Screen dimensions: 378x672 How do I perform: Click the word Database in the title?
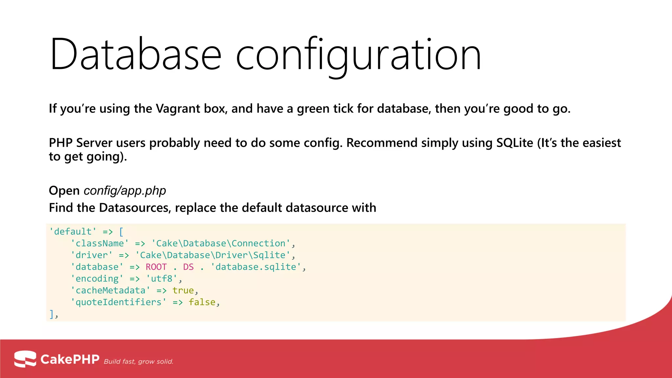135,54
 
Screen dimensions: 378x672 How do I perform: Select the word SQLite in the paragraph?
514,143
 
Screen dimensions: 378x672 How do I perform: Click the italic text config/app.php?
125,191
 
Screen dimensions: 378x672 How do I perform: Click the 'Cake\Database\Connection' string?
221,243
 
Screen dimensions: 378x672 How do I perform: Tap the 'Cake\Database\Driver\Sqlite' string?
213,255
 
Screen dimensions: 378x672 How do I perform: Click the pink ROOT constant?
156,267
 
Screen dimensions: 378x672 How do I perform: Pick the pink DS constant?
188,267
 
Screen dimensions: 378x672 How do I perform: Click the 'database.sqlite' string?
256,267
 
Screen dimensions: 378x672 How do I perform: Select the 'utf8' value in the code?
161,279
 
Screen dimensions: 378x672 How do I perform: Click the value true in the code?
183,291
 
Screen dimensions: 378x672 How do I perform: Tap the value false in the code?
202,302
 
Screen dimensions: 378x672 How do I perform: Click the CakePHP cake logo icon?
25,359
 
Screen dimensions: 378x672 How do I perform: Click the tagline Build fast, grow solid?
138,362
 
